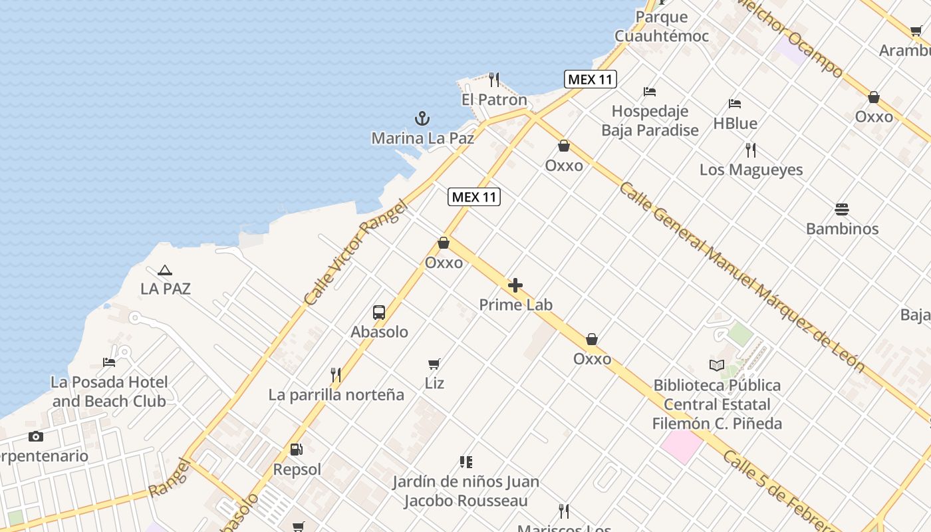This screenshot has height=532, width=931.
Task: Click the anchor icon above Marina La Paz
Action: pyautogui.click(x=422, y=119)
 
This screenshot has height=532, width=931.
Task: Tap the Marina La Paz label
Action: pyautogui.click(x=422, y=138)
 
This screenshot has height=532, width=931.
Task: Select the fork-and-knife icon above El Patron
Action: pyautogui.click(x=493, y=80)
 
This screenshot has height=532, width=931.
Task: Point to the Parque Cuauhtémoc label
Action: pyautogui.click(x=662, y=27)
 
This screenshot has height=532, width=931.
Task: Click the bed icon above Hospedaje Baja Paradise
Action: pyautogui.click(x=650, y=92)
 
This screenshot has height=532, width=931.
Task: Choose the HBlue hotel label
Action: pyautogui.click(x=735, y=124)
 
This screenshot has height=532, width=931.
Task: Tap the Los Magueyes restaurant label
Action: pyautogui.click(x=751, y=170)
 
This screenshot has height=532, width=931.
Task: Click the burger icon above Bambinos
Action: pyautogui.click(x=842, y=209)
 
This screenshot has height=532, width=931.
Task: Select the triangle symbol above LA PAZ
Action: pyautogui.click(x=165, y=270)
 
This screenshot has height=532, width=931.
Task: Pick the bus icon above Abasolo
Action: pyautogui.click(x=379, y=313)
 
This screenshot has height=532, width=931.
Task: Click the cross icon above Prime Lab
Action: pyautogui.click(x=515, y=286)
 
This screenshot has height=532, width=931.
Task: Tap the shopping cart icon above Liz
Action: pyautogui.click(x=434, y=364)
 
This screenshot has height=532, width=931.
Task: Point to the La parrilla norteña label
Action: pyautogui.click(x=336, y=395)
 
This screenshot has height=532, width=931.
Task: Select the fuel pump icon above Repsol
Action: pyautogui.click(x=297, y=450)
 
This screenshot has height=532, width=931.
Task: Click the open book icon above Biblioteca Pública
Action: pyautogui.click(x=716, y=365)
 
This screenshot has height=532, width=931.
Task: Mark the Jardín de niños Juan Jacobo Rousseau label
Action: pyautogui.click(x=465, y=491)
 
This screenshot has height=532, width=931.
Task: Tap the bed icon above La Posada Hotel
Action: pyautogui.click(x=109, y=362)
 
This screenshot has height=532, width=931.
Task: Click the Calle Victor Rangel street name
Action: pyautogui.click(x=355, y=253)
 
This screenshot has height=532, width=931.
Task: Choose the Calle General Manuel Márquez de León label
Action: pyautogui.click(x=741, y=276)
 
